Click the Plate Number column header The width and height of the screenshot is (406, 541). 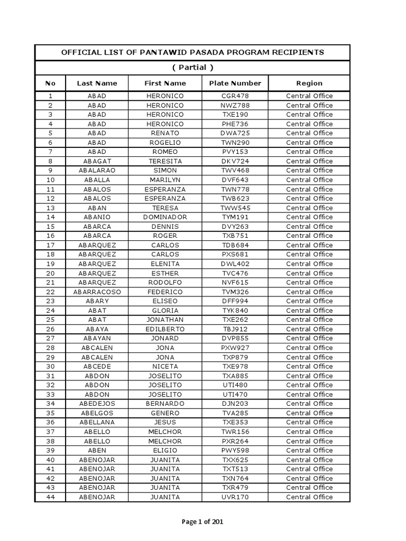235,83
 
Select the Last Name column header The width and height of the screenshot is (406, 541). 97,83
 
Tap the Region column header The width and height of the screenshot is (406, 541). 309,83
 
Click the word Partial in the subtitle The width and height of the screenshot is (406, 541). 192,68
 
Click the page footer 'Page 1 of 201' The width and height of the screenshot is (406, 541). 202,522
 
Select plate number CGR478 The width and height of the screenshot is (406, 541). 235,96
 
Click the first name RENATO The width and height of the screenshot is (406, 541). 165,133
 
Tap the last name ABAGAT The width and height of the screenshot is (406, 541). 97,161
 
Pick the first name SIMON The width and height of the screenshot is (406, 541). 165,171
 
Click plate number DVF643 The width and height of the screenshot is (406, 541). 235,180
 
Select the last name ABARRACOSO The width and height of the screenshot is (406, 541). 97,292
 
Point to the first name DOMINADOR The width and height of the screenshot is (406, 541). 165,217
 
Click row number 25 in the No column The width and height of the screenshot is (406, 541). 51,320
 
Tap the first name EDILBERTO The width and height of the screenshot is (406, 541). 165,329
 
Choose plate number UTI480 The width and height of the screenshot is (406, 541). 235,385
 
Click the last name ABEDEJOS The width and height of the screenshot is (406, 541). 97,404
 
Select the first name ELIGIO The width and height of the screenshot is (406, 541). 165,450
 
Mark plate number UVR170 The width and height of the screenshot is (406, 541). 235,497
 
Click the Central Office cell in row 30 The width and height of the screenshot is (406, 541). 309,367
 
